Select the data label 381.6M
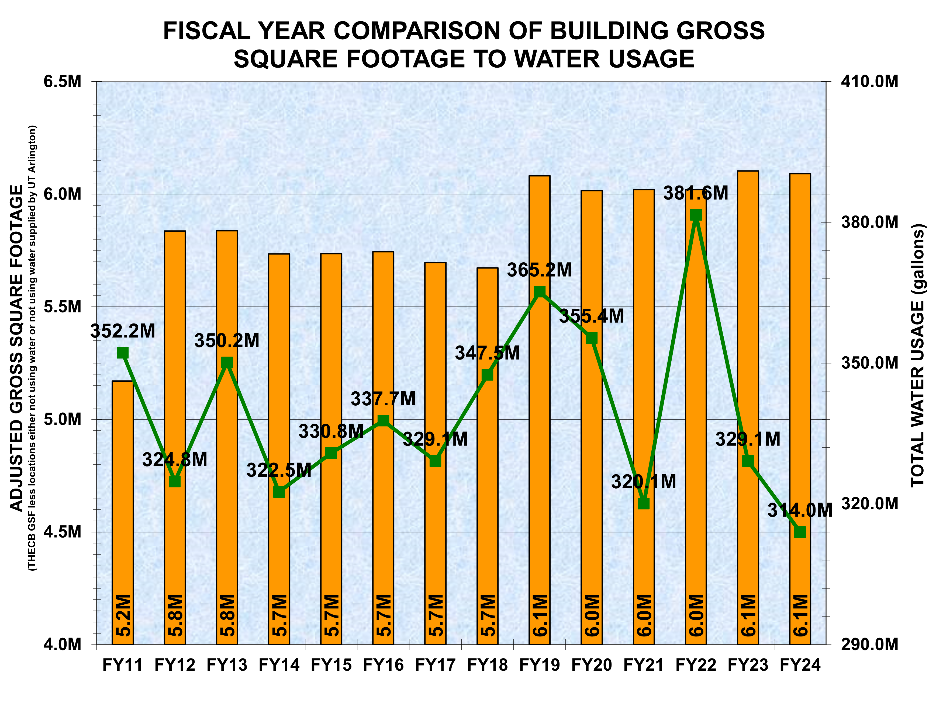pos(696,193)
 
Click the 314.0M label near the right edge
pos(798,510)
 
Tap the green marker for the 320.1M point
pos(644,503)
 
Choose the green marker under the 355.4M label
pos(592,338)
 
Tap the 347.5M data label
pos(487,353)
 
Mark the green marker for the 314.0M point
pos(800,532)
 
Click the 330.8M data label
pos(331,432)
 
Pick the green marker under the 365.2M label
pos(539,291)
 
